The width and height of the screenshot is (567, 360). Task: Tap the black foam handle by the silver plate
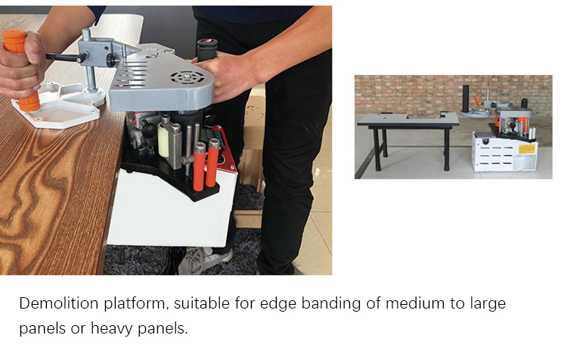[207, 49]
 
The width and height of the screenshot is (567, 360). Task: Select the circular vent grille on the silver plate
[187, 76]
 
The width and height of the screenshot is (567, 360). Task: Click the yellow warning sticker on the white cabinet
[526, 149]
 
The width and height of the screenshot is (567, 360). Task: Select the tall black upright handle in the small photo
[466, 98]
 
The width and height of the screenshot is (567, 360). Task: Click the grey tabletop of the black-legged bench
[408, 119]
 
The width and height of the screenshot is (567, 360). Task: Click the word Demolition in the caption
[59, 303]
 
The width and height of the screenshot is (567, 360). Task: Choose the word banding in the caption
[331, 304]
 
